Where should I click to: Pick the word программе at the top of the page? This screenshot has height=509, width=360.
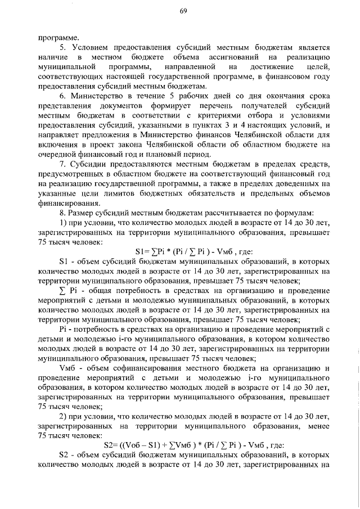tap(55, 37)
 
